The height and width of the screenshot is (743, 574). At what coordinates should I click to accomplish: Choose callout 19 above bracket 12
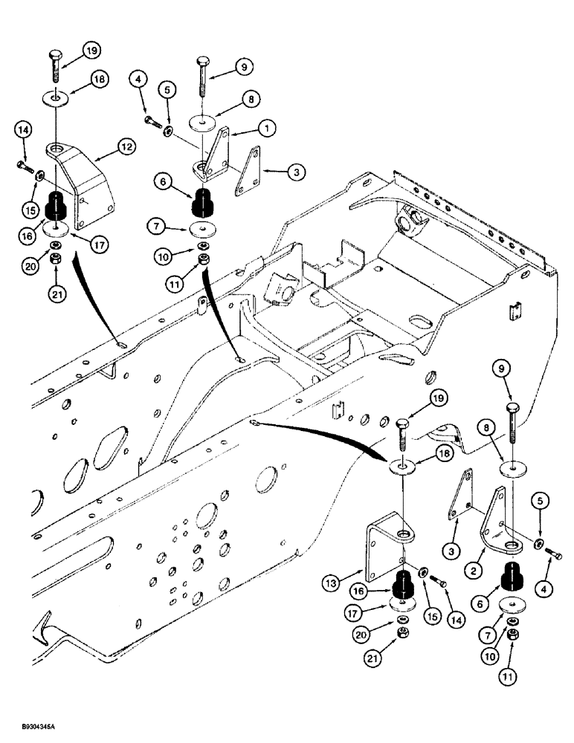click(x=91, y=51)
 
